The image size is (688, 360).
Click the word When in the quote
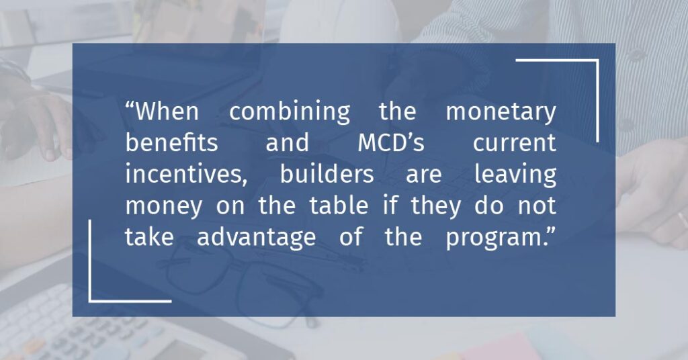(x=167, y=111)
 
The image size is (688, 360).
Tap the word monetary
(x=501, y=113)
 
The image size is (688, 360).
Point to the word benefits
(x=171, y=142)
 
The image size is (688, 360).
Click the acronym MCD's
(x=391, y=143)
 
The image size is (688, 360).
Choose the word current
(x=515, y=144)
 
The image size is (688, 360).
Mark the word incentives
(x=186, y=175)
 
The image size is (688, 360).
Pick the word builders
(x=327, y=174)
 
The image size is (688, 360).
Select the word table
(x=339, y=206)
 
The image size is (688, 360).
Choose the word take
(x=149, y=237)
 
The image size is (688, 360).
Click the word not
(x=537, y=206)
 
